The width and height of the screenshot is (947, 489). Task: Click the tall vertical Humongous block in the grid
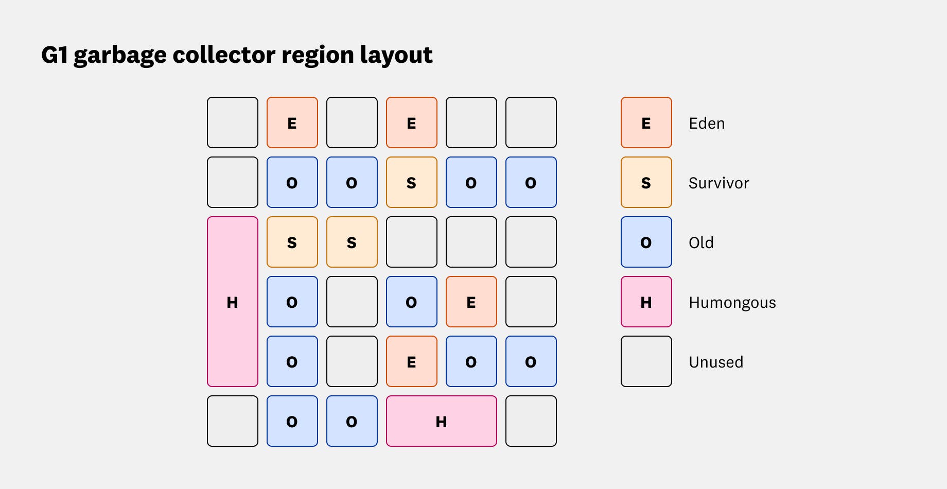[233, 302]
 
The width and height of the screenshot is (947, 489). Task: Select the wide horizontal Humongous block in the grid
[442, 421]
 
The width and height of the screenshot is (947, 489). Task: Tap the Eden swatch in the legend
[646, 123]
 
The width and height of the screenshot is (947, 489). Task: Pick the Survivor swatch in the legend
[646, 182]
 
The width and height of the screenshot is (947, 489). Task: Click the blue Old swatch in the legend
[646, 242]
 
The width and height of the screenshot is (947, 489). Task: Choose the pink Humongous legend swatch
[646, 302]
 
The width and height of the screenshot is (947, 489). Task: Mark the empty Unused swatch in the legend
[646, 361]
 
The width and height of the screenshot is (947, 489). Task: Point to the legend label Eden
[707, 124]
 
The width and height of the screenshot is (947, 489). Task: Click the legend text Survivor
[718, 183]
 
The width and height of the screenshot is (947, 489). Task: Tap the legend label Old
[701, 243]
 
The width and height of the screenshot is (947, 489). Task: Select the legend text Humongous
[732, 303]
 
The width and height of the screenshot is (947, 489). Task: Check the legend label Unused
[716, 362]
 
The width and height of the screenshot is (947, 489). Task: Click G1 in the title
[55, 55]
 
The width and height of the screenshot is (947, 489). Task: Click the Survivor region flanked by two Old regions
[412, 182]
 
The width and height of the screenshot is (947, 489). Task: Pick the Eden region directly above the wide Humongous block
[412, 361]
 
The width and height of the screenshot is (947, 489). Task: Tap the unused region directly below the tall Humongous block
[233, 421]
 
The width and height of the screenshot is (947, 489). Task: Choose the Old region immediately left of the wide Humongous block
[352, 421]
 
